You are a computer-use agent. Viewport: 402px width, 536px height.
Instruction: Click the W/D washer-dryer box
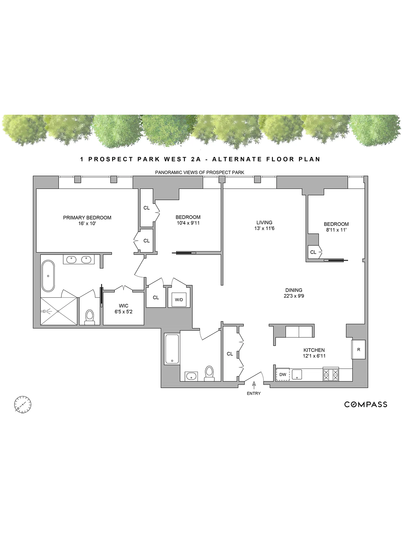(179, 300)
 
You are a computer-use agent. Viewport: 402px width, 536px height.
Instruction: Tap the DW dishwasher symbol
(283, 374)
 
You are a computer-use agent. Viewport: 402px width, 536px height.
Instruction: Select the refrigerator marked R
(358, 349)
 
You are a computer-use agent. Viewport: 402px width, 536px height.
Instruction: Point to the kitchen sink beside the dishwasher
(297, 374)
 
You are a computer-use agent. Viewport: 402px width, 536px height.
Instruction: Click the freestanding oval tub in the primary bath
(48, 276)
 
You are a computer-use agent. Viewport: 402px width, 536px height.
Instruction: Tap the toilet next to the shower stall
(89, 317)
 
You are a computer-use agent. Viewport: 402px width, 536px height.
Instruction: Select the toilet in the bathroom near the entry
(209, 373)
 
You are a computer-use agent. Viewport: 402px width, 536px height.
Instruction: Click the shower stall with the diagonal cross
(58, 311)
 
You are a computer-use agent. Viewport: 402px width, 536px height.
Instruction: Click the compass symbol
(23, 404)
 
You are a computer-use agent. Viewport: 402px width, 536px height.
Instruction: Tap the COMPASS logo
(366, 404)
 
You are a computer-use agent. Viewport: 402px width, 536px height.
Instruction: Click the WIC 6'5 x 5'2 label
(124, 308)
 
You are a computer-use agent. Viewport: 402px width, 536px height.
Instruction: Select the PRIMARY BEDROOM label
(87, 218)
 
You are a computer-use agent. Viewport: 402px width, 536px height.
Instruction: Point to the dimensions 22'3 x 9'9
(294, 296)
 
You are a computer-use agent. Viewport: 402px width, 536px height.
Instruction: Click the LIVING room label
(264, 222)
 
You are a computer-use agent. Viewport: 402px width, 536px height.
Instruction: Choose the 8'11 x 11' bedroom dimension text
(336, 230)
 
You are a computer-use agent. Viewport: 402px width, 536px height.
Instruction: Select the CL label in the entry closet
(230, 354)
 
